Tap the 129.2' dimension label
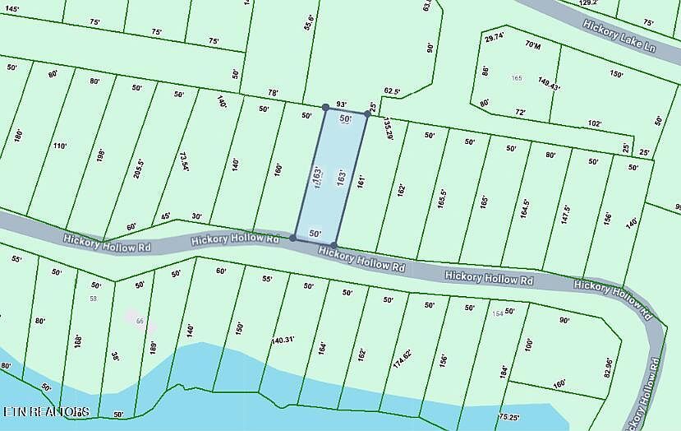click(588, 4)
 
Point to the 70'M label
click(533, 45)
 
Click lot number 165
click(517, 78)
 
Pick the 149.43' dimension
click(548, 83)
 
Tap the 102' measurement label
click(595, 123)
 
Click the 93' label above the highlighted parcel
click(342, 104)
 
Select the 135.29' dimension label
click(388, 127)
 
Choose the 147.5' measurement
click(565, 215)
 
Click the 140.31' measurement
click(283, 339)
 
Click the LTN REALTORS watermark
click(46, 410)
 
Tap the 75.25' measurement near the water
click(509, 417)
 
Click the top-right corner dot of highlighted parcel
click(367, 113)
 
